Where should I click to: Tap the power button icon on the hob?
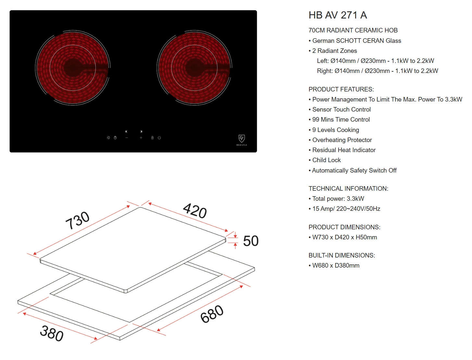(x=159, y=138)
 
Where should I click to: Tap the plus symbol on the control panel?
(x=141, y=138)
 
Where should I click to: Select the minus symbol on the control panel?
(x=127, y=138)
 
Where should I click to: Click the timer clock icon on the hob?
(x=115, y=138)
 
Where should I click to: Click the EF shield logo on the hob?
(x=242, y=138)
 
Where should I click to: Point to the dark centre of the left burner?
(x=73, y=67)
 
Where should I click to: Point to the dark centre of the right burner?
(x=194, y=67)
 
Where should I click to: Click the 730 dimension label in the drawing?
(x=77, y=221)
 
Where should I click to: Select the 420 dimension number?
(x=195, y=211)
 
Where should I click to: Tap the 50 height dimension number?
(x=251, y=241)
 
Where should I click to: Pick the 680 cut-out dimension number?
(x=212, y=314)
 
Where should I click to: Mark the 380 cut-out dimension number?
(x=52, y=333)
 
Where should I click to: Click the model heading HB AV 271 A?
(x=338, y=15)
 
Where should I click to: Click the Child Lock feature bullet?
(x=325, y=160)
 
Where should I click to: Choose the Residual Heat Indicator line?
(x=342, y=150)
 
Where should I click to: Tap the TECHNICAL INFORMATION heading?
(x=348, y=188)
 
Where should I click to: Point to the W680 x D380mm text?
(x=336, y=266)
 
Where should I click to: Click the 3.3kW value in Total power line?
(x=355, y=199)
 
